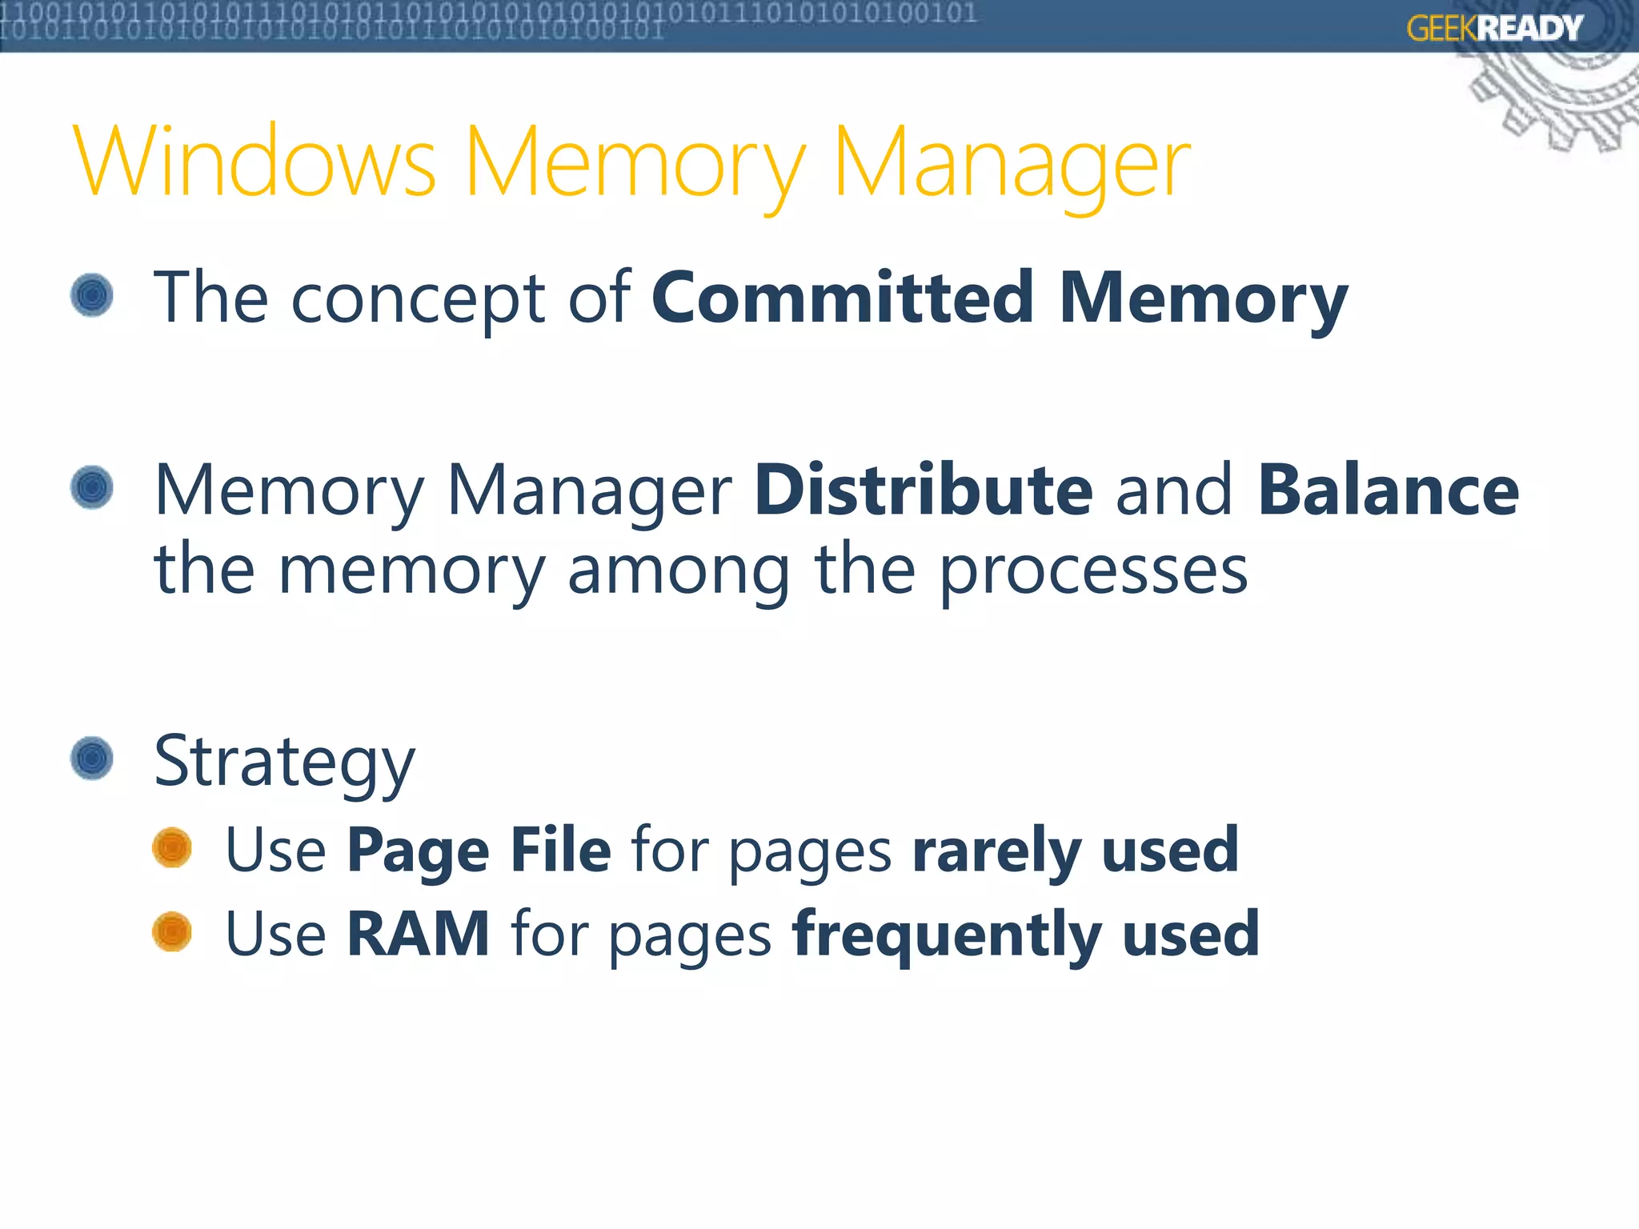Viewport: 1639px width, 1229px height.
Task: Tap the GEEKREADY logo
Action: tap(1494, 28)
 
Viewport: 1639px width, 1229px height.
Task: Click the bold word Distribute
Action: tap(924, 490)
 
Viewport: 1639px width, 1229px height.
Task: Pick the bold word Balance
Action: tap(1388, 490)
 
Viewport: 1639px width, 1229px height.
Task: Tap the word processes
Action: tap(1093, 572)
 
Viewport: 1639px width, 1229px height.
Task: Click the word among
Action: tap(679, 572)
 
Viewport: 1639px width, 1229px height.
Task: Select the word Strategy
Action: tap(284, 763)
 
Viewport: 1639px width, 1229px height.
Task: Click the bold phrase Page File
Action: tap(479, 850)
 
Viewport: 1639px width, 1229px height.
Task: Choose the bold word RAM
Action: tap(418, 934)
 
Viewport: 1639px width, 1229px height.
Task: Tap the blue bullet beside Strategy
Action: tap(92, 758)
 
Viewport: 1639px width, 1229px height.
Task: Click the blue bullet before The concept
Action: tap(92, 295)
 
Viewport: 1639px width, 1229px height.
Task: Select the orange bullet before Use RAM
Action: tap(172, 931)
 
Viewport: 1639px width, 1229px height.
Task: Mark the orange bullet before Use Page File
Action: tap(172, 847)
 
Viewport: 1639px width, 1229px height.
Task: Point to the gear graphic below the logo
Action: tap(1561, 100)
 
